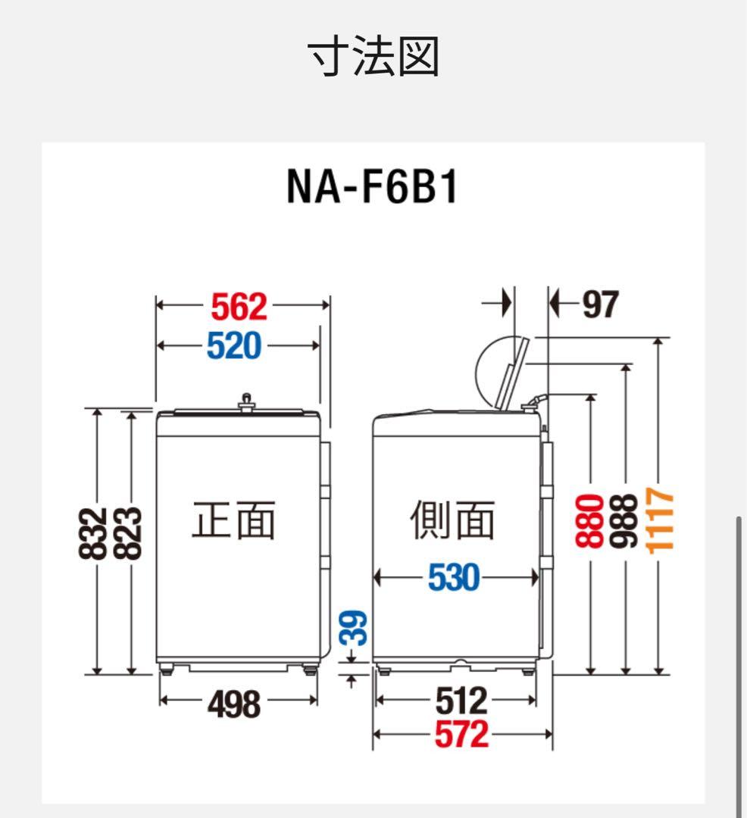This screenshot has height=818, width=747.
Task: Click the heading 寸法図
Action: pyautogui.click(x=373, y=58)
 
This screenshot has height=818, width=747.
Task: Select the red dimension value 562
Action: pyautogui.click(x=239, y=306)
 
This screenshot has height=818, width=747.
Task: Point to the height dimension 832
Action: pyautogui.click(x=91, y=533)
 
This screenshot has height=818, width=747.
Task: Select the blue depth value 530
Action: pyautogui.click(x=454, y=579)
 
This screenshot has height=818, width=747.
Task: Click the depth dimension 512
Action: pyautogui.click(x=461, y=702)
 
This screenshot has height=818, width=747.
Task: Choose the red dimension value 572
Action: pyautogui.click(x=461, y=734)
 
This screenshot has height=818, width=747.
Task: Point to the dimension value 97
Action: pyautogui.click(x=600, y=305)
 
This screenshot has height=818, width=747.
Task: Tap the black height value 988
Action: pyautogui.click(x=626, y=520)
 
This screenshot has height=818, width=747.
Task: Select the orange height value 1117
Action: pyautogui.click(x=661, y=520)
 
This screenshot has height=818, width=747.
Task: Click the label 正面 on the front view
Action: pyautogui.click(x=233, y=520)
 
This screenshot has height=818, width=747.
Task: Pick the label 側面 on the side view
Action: pyautogui.click(x=453, y=520)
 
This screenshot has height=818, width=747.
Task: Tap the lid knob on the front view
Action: pyautogui.click(x=245, y=401)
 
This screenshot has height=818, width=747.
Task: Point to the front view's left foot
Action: pyautogui.click(x=165, y=669)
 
